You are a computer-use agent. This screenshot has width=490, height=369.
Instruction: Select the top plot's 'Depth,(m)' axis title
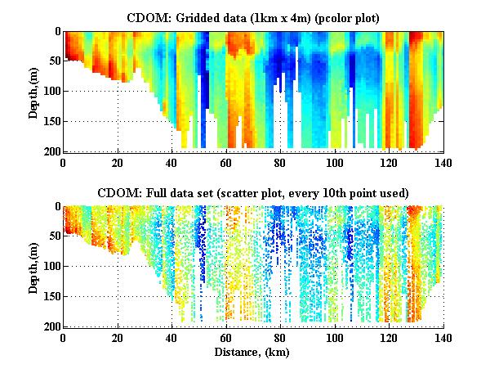[33, 91]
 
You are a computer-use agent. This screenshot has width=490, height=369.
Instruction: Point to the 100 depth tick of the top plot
[49, 91]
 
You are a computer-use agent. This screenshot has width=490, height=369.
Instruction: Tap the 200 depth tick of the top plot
[49, 151]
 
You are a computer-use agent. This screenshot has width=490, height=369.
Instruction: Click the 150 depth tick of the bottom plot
[49, 297]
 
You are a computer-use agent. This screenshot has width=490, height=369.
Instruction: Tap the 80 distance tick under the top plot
[281, 161]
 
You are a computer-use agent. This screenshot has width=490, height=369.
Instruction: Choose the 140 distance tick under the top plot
[444, 161]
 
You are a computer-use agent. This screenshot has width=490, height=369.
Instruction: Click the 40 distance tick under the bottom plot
[172, 337]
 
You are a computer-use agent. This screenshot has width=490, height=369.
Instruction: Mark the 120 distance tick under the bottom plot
[390, 337]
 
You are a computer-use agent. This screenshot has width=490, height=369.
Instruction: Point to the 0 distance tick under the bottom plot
[64, 337]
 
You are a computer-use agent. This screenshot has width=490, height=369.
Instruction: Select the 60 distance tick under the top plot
[227, 161]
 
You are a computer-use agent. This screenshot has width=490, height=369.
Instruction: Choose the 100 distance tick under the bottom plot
[336, 337]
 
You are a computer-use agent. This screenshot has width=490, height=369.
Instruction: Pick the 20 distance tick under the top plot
[118, 161]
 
